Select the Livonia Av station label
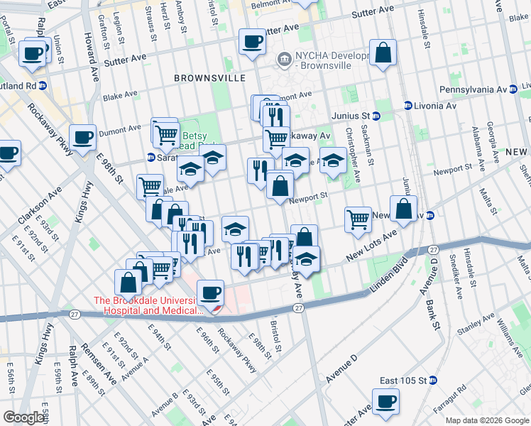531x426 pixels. (x=434, y=106)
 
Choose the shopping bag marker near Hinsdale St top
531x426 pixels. (x=383, y=53)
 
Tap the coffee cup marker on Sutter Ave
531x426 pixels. (x=252, y=41)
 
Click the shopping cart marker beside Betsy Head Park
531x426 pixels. (x=165, y=132)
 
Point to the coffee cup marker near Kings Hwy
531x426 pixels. (x=82, y=138)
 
